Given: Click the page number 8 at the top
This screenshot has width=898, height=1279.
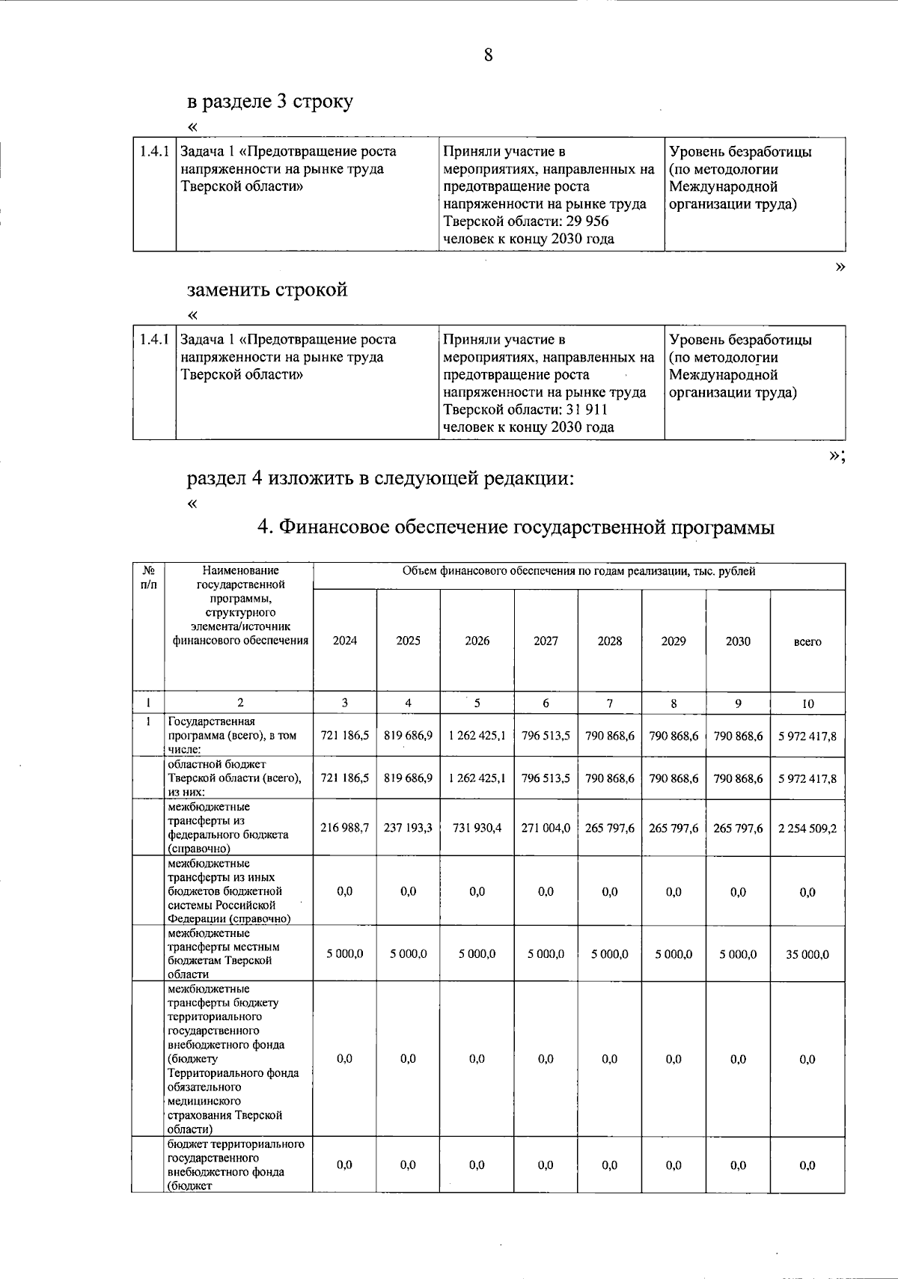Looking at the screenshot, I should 488,55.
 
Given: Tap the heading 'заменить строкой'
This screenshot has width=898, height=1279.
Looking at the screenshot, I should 267,290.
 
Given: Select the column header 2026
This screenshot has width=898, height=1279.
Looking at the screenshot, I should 477,641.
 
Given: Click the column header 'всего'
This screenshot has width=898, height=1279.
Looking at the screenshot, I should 807,642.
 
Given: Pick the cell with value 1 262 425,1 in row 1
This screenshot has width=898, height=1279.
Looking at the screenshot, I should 477,736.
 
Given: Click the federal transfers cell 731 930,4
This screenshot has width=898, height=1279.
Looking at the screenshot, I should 477,828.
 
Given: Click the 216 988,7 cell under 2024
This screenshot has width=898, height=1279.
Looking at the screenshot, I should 344,828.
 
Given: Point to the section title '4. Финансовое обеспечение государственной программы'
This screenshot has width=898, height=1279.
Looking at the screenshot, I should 516,528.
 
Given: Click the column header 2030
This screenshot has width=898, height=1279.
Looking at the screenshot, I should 738,641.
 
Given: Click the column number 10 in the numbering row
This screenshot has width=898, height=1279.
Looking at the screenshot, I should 807,703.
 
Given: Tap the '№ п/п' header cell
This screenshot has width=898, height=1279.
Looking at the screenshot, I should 148,577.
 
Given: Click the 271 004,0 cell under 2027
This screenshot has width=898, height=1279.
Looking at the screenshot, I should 546,828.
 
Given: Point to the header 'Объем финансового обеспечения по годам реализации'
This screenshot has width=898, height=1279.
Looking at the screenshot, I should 578,572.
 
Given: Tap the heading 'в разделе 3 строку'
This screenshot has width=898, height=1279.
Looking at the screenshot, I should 269,102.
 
